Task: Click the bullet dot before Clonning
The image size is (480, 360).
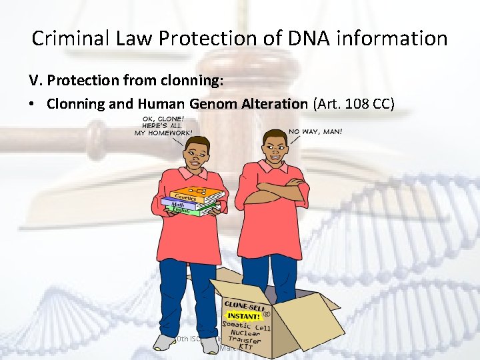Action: pos(34,104)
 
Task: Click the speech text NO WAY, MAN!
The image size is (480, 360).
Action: pos(315,131)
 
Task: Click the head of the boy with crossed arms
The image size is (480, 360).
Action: pos(271,147)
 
